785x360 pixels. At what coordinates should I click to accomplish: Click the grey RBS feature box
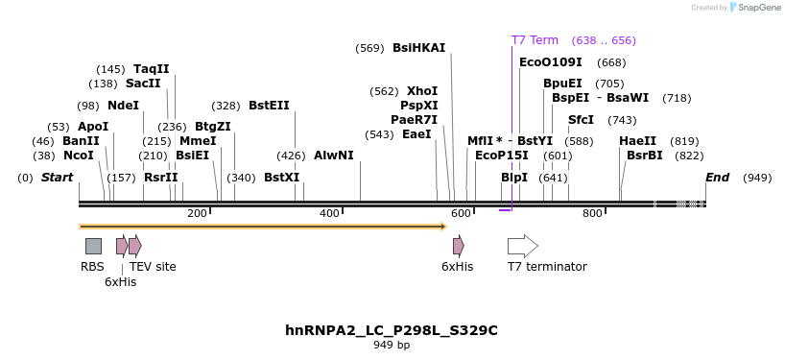(x=93, y=246)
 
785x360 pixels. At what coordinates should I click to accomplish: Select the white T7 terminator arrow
(x=522, y=246)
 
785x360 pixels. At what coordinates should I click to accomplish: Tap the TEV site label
(x=153, y=267)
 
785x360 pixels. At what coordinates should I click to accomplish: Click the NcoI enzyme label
(x=79, y=155)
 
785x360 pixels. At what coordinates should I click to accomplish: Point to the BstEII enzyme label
(x=269, y=106)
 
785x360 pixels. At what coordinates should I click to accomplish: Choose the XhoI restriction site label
(x=422, y=91)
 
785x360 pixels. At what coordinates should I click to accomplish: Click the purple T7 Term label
(x=535, y=40)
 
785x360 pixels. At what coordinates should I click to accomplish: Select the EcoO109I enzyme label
(x=551, y=62)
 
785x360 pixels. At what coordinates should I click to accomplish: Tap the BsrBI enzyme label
(x=645, y=155)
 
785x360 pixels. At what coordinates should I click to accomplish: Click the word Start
(x=58, y=178)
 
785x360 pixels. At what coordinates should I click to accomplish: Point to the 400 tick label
(x=329, y=213)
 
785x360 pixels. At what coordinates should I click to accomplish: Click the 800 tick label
(x=591, y=213)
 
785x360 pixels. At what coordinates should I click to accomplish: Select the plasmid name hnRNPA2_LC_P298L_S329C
(x=392, y=330)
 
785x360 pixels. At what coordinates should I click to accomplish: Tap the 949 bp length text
(x=392, y=345)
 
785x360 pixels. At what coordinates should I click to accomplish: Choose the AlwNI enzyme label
(x=334, y=155)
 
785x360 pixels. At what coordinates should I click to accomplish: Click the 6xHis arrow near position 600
(x=459, y=246)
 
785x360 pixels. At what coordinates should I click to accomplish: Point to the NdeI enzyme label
(x=123, y=106)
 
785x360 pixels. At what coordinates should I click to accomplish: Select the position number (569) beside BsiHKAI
(x=369, y=48)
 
